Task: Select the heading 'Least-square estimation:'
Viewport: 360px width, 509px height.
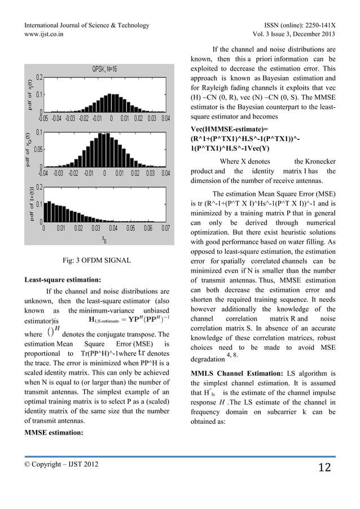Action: click(62, 279)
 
